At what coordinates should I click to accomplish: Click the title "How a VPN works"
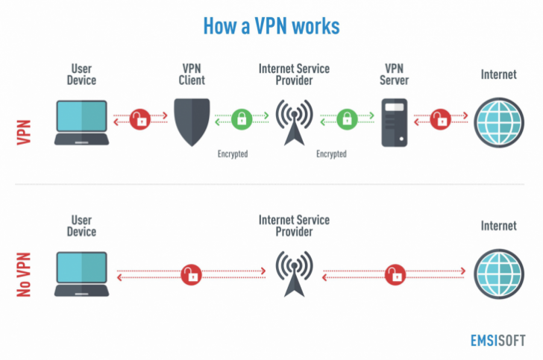[x=271, y=26]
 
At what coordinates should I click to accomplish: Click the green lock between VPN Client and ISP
[x=241, y=118]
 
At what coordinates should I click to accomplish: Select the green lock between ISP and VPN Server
[x=345, y=118]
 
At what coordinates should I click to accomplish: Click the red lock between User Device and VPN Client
[x=139, y=118]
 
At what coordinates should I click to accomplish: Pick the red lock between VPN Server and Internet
[x=441, y=118]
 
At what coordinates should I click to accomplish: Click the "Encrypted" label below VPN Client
[x=233, y=154]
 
